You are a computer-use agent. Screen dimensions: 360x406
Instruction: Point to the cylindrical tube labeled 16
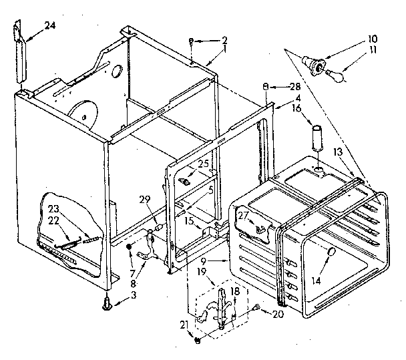tap(317, 138)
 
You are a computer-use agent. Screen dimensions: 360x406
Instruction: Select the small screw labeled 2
tap(191, 41)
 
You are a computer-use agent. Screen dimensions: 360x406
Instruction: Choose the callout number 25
tap(203, 164)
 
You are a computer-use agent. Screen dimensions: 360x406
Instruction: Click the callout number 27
tap(244, 215)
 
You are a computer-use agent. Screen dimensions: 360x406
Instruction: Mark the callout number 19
tap(200, 273)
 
